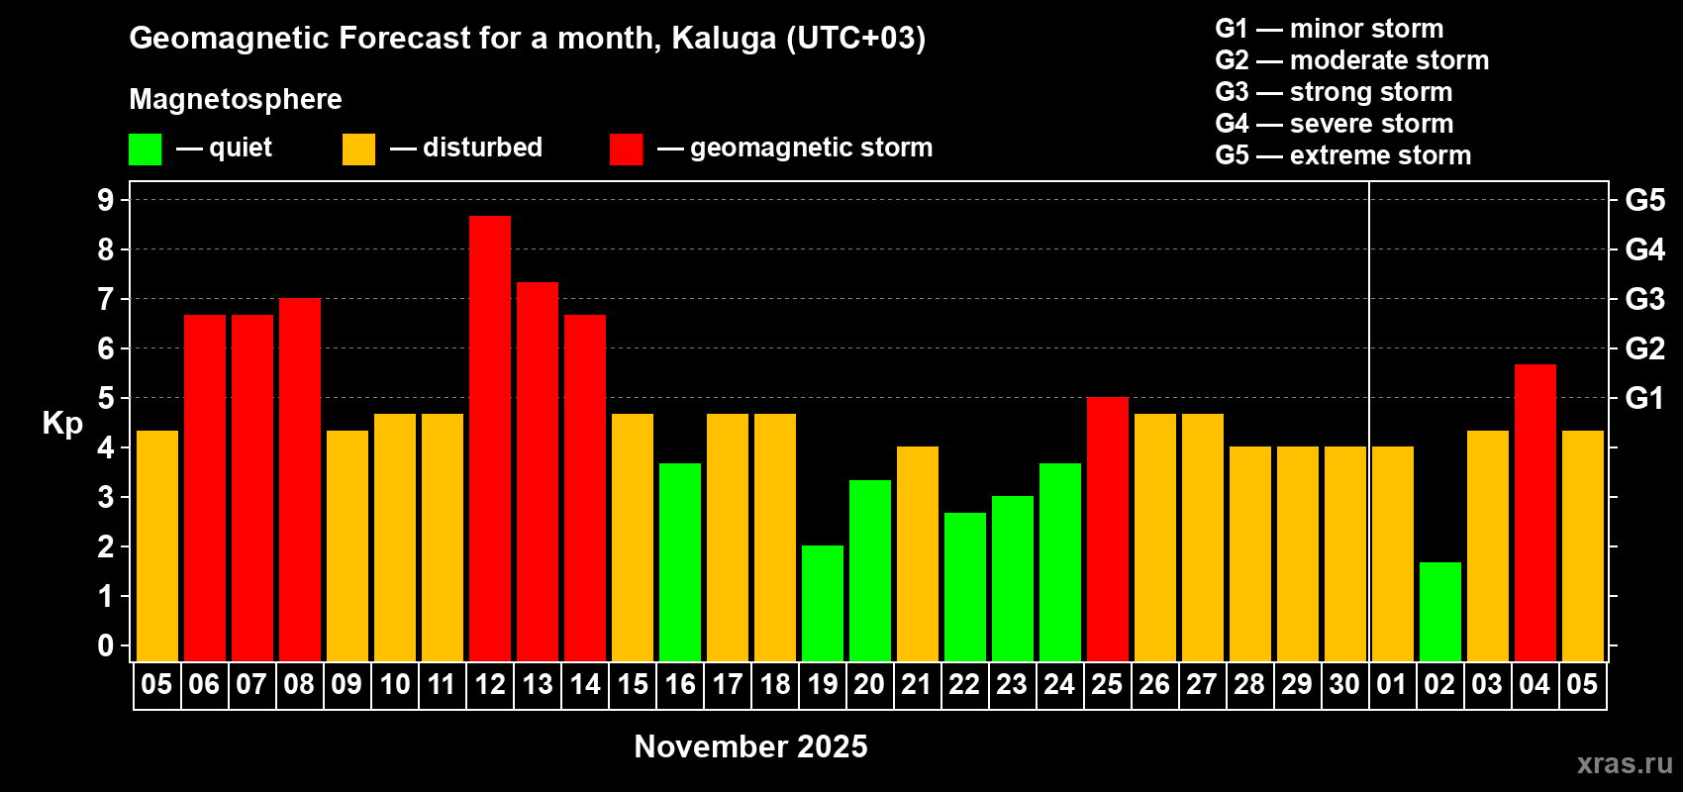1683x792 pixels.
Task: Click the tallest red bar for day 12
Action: tap(490, 439)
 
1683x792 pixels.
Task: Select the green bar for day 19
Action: tap(823, 603)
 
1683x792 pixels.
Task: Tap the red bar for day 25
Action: tap(1108, 529)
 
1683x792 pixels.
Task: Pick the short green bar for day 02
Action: tap(1440, 612)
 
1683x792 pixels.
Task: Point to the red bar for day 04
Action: tap(1534, 513)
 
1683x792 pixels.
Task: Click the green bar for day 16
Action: tap(680, 562)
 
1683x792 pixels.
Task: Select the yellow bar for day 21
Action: tap(918, 553)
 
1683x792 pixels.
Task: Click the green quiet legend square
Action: tap(145, 148)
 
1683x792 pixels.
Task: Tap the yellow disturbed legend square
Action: tap(358, 148)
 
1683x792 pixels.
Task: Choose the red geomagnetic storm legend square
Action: tap(626, 148)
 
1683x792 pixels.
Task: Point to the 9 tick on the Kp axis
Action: tap(105, 200)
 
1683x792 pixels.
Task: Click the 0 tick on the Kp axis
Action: tap(105, 645)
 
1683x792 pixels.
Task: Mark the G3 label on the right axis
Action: tap(1644, 299)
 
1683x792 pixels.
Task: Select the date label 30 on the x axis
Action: tap(1344, 684)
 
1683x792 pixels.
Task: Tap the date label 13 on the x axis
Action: tap(538, 684)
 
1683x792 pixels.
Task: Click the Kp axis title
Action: tap(62, 424)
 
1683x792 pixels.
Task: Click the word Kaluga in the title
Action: tap(725, 39)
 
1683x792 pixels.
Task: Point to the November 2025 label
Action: tap(750, 746)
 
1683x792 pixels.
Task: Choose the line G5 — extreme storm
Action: tap(1343, 155)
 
